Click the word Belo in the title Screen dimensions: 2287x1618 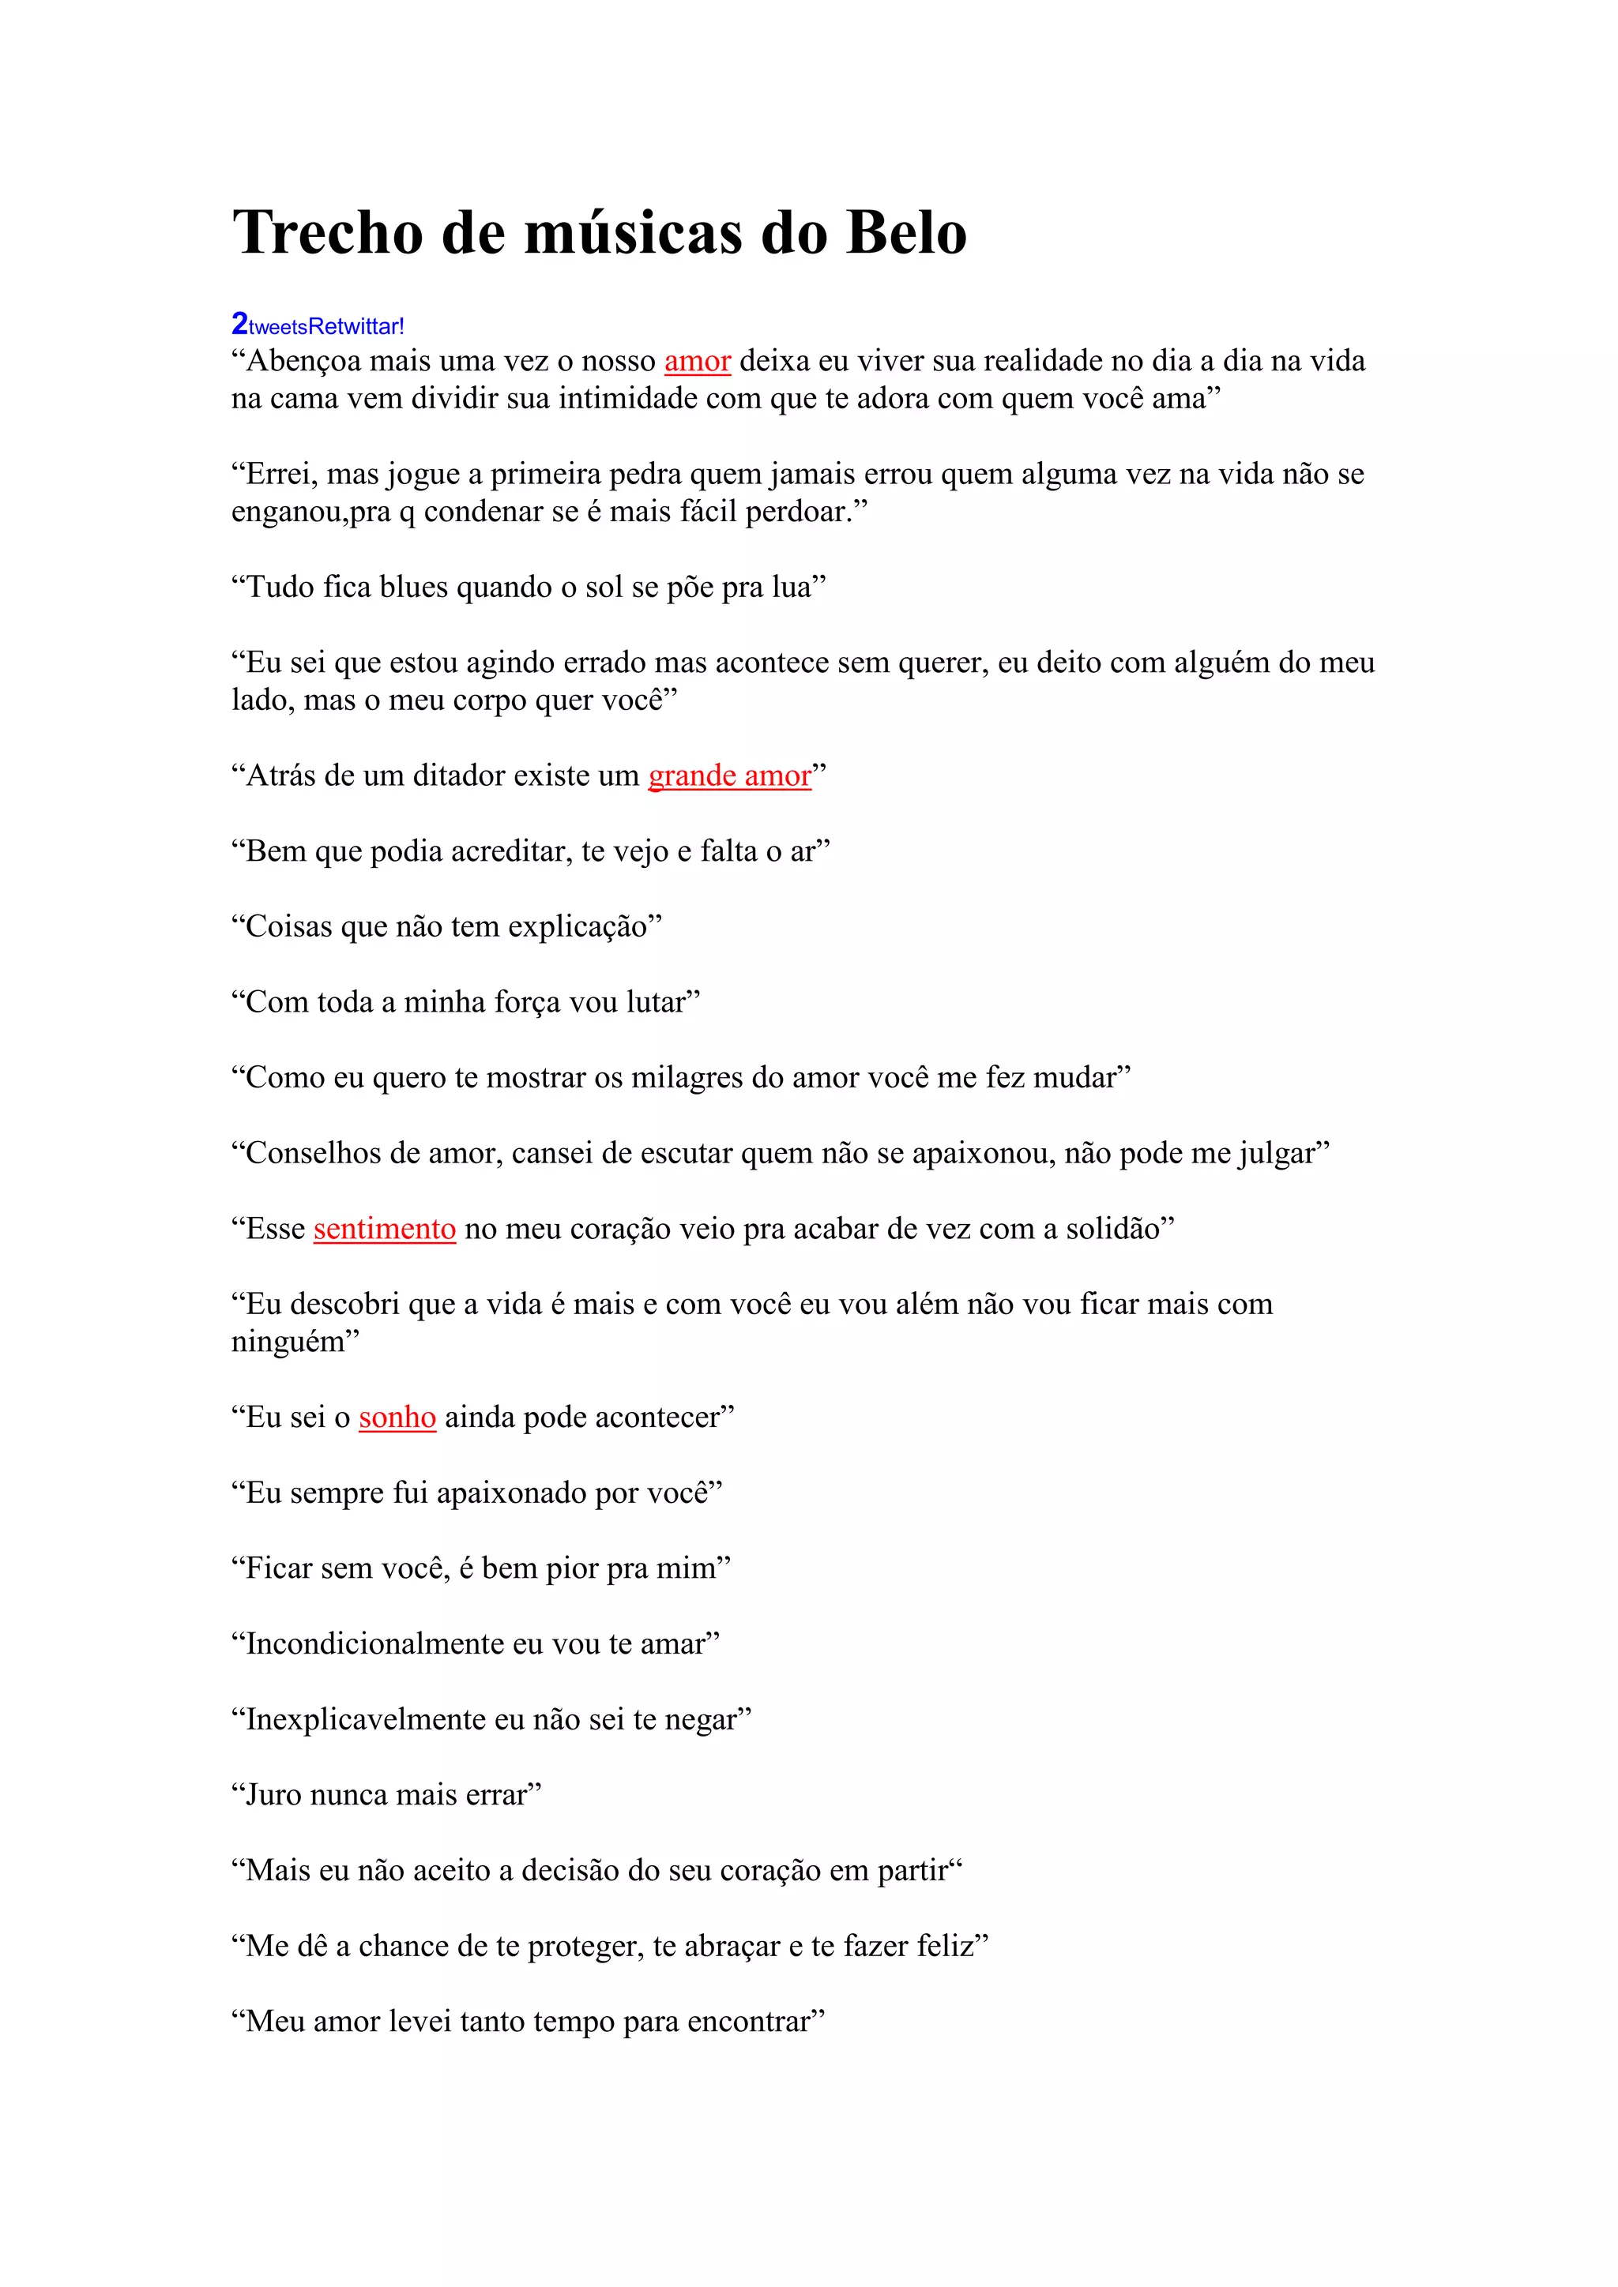(905, 233)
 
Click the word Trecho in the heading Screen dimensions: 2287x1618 (328, 233)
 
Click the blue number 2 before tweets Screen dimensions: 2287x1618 (239, 324)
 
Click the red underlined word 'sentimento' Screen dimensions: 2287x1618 (385, 1228)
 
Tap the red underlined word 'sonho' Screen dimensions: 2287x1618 (397, 1417)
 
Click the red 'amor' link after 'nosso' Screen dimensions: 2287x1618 (698, 361)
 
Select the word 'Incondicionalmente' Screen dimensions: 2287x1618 (374, 1643)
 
